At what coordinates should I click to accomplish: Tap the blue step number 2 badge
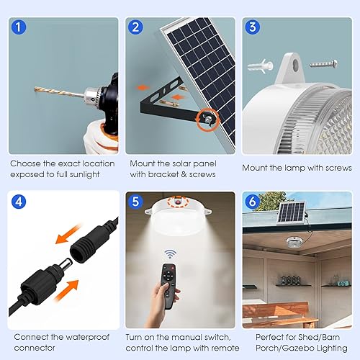pos(135,28)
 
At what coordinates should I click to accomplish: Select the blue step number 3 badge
pos(251,28)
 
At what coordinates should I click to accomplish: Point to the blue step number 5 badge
pos(135,201)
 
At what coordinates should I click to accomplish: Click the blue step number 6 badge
pos(251,201)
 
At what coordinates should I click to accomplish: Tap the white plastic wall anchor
pos(261,66)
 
